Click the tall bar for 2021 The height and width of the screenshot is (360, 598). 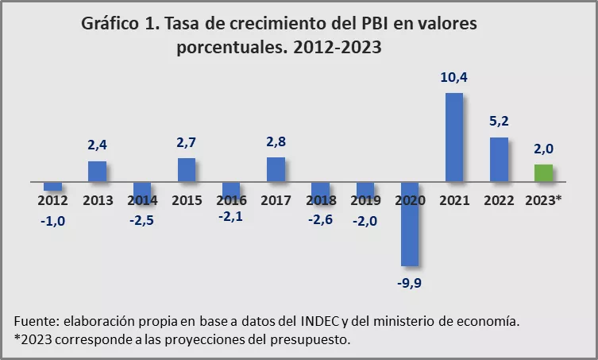(454, 137)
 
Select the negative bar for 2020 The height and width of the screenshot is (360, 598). (410, 224)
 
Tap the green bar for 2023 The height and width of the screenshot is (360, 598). (543, 173)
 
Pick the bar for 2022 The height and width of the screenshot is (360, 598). (499, 160)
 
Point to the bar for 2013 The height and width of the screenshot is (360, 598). (97, 172)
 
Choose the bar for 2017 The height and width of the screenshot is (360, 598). (276, 169)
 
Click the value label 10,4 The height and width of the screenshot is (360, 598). (454, 78)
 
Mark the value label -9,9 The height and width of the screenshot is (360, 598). (410, 281)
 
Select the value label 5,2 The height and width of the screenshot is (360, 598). (499, 122)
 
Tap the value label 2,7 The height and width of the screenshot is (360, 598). (187, 143)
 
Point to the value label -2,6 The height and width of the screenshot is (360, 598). (320, 219)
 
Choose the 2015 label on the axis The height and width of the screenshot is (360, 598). (187, 199)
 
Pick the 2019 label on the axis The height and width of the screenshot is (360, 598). (365, 199)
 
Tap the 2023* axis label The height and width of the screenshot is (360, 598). (543, 199)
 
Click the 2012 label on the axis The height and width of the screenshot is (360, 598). (52, 199)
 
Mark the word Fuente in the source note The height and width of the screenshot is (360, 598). (33, 322)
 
